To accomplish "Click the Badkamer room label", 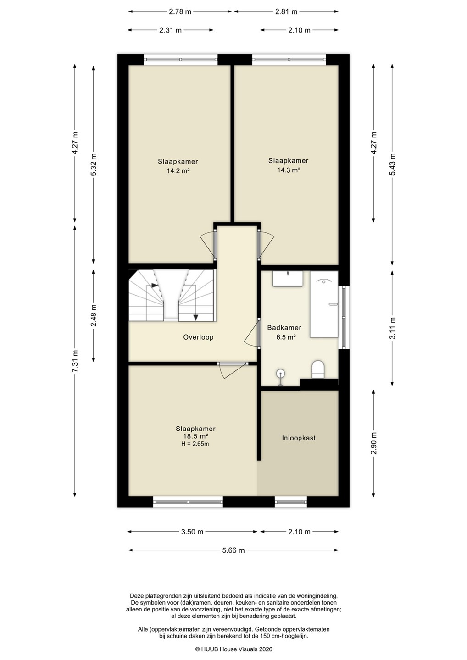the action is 284,327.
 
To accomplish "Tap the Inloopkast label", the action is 299,438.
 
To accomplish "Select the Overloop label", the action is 198,337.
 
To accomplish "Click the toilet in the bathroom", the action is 318,369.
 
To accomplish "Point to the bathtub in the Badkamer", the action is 324,304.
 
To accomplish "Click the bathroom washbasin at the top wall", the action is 288,279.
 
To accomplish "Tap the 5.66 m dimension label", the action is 233,550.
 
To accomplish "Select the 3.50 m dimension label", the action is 192,532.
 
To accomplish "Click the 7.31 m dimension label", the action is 75,361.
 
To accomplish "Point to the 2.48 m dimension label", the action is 94,315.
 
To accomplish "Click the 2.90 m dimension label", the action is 374,443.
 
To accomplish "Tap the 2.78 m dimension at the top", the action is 180,12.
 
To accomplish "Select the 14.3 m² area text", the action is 289,170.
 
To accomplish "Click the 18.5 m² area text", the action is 196,436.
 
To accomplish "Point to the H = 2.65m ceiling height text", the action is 195,444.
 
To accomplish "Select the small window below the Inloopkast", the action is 291,502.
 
